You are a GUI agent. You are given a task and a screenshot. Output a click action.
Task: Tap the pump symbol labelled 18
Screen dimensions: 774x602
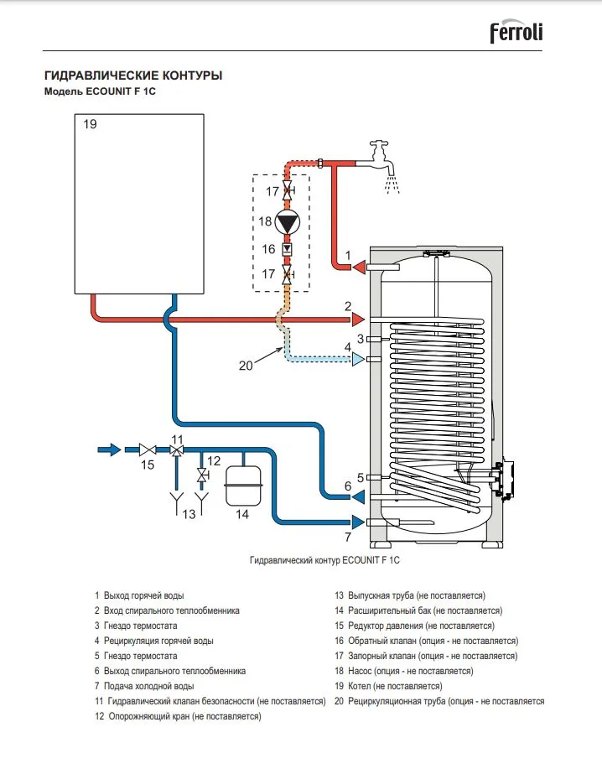(288, 223)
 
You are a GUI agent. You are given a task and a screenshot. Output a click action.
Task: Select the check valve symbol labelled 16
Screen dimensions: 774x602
(288, 249)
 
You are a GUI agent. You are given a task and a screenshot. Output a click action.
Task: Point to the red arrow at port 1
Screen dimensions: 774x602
(359, 268)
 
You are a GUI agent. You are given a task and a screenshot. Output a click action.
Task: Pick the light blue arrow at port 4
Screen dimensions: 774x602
(359, 360)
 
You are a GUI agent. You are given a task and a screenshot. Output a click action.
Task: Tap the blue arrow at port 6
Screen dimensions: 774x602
(357, 496)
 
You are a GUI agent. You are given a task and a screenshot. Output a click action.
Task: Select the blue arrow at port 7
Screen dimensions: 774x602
(358, 523)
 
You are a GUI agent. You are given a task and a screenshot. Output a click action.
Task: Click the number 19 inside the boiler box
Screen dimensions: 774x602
(91, 124)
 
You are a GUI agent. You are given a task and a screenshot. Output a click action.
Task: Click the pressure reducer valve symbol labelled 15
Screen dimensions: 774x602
(148, 450)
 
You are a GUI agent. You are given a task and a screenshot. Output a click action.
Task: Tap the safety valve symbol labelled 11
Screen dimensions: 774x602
(177, 450)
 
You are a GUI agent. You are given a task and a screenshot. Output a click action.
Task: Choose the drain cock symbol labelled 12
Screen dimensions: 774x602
(201, 475)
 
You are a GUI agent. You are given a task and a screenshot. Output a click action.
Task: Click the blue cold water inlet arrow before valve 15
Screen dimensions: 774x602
(109, 449)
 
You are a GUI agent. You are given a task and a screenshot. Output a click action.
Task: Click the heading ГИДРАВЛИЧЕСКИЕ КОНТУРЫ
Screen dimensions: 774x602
(133, 75)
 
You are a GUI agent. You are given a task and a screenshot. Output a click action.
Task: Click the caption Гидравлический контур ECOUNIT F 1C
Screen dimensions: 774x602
(324, 558)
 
